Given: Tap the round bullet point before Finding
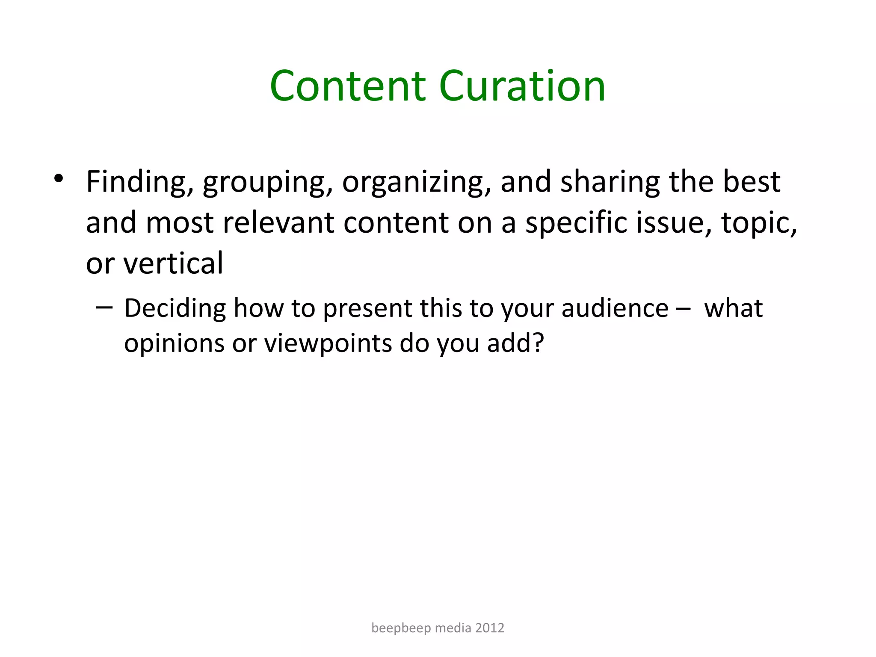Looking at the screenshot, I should (59, 178).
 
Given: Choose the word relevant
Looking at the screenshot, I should (278, 223).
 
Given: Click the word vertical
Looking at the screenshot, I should (173, 263).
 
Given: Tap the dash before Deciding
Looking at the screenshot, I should (105, 308).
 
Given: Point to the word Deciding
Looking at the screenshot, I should (175, 308).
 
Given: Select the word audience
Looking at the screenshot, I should (615, 308).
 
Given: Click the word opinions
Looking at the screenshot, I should (174, 343).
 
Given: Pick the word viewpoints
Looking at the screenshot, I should (328, 343).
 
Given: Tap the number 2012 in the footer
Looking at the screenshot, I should (490, 628).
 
